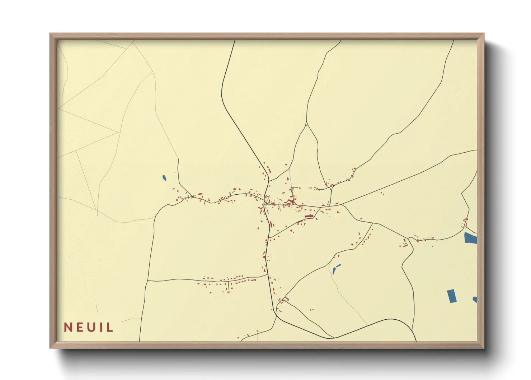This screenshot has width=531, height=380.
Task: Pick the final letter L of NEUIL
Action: [x=109, y=327]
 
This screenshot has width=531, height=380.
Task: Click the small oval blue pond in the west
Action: [x=164, y=178]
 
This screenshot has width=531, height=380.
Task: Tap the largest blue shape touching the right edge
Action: [x=470, y=238]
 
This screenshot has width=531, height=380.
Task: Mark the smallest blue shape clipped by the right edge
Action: [x=475, y=300]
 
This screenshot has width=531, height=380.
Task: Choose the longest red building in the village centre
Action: [x=309, y=216]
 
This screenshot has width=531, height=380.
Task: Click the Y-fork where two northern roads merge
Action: [x=306, y=124]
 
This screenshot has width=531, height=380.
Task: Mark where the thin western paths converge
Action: [x=119, y=132]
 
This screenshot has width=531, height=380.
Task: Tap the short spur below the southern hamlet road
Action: [x=228, y=286]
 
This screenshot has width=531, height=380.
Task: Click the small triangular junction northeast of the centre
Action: [x=330, y=187]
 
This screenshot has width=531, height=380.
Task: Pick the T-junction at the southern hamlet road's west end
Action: [x=147, y=281]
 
